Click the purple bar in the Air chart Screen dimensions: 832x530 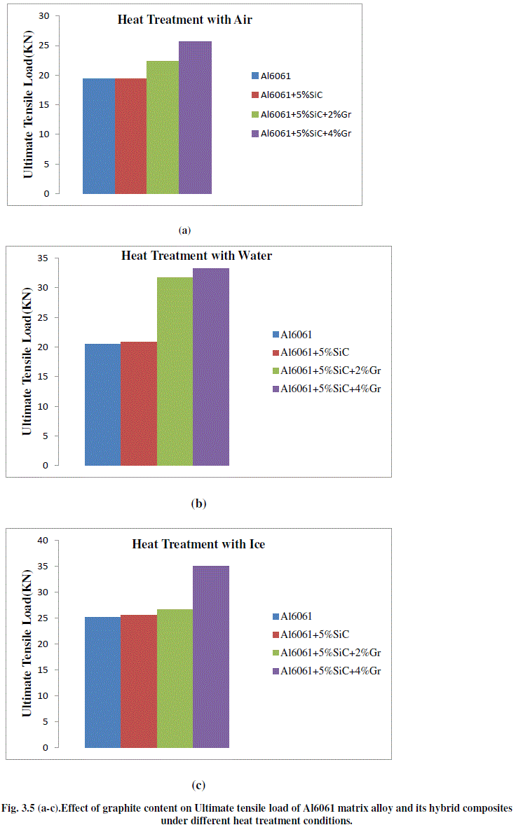coord(195,118)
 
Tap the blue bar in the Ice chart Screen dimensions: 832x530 coord(102,682)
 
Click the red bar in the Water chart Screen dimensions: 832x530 coord(139,403)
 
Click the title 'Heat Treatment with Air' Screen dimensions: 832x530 coord(184,20)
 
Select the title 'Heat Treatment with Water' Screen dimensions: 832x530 coord(196,256)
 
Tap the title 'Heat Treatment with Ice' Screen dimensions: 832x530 coord(198,544)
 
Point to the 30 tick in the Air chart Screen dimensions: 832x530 coord(44,15)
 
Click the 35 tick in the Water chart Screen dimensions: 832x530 coord(43,258)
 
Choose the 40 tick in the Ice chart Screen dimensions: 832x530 coord(43,540)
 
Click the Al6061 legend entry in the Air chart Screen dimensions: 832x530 coord(276,75)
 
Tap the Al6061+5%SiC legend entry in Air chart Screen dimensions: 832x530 coord(291,94)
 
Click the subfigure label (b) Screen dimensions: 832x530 coord(198,503)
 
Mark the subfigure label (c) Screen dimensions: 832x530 coord(198,785)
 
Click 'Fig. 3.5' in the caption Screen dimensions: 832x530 coord(23,808)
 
